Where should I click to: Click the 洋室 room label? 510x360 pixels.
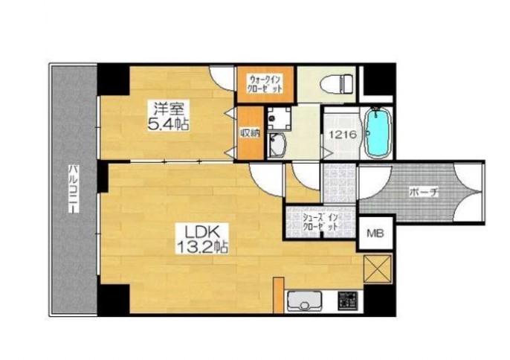169,109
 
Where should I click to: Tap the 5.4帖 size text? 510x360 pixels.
169,124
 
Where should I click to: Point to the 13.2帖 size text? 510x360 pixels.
201,248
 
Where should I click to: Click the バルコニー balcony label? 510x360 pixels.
74,189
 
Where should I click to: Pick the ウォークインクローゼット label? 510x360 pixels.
265,84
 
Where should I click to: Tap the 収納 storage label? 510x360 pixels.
250,132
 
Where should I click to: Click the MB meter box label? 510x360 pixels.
375,233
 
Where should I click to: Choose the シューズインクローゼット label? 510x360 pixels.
320,222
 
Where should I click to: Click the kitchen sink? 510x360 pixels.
305,302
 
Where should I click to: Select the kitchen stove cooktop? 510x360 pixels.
348,300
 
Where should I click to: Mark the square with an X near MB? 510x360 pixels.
378,269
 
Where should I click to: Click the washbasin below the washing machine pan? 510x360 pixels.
277,146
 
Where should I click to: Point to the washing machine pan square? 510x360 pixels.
279,119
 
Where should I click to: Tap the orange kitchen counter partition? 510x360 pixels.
278,295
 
